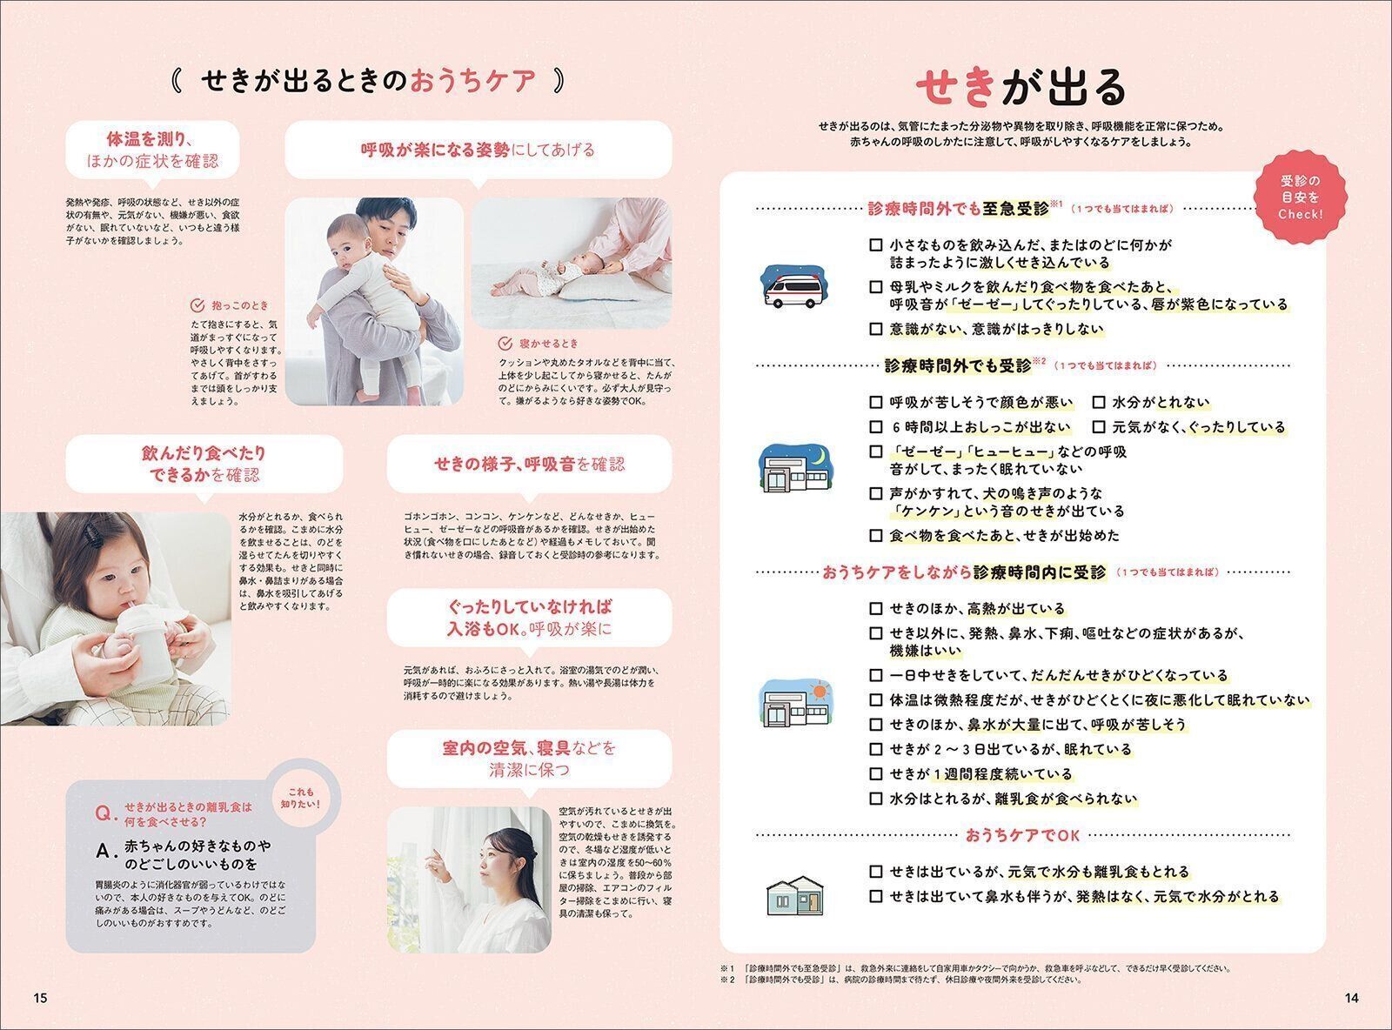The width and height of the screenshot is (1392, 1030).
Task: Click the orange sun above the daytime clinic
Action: coord(819,692)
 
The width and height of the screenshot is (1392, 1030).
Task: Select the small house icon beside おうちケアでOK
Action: coord(794,893)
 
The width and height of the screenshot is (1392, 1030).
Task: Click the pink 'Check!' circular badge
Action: coord(1300,197)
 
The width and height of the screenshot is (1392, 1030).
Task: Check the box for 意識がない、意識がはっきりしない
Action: coord(876,329)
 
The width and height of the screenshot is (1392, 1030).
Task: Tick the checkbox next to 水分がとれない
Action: coord(1099,402)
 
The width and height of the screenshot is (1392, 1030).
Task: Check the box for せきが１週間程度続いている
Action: coord(876,773)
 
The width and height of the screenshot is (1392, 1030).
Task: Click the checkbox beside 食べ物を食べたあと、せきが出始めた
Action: coord(876,535)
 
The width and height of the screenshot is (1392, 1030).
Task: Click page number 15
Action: coord(40,998)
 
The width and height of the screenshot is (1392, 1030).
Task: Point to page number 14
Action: coord(1350,998)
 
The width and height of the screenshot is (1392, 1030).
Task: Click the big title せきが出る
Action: coord(1021,87)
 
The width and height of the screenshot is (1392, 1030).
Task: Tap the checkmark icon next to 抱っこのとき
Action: coord(197,305)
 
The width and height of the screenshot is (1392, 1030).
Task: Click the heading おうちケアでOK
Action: coord(1022,835)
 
